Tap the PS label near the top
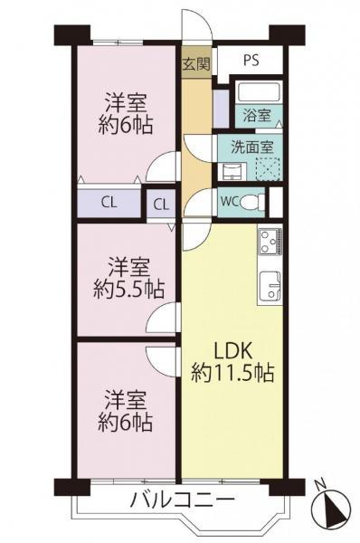pos(251,62)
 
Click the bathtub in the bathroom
pos(258,93)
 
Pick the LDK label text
pos(232,348)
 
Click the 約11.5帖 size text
pos(232,372)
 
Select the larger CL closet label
pos(107,202)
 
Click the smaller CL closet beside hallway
pos(160,204)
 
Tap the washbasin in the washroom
pos(231,169)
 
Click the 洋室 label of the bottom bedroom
pos(125,398)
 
